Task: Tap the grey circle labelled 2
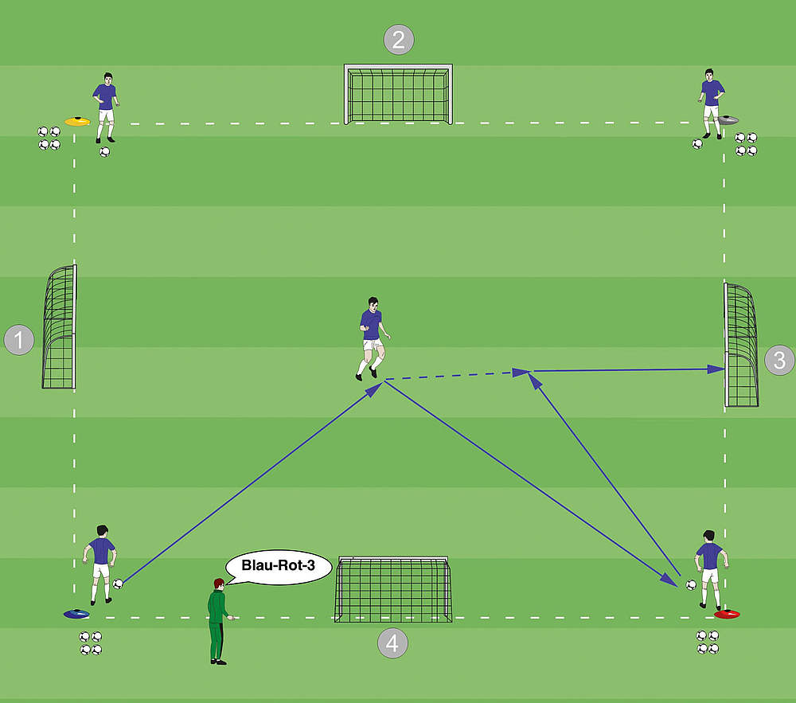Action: (399, 39)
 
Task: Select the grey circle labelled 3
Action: (779, 360)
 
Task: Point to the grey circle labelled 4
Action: (392, 642)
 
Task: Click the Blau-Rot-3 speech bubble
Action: (278, 568)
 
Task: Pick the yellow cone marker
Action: (76, 122)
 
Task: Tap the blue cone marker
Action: (76, 614)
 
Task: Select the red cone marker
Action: (727, 614)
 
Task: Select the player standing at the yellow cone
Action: (105, 107)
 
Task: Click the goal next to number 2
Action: (398, 94)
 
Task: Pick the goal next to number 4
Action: (392, 589)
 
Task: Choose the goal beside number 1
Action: (60, 328)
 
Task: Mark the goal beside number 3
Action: (740, 345)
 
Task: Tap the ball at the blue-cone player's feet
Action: (119, 584)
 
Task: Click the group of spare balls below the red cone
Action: (708, 642)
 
